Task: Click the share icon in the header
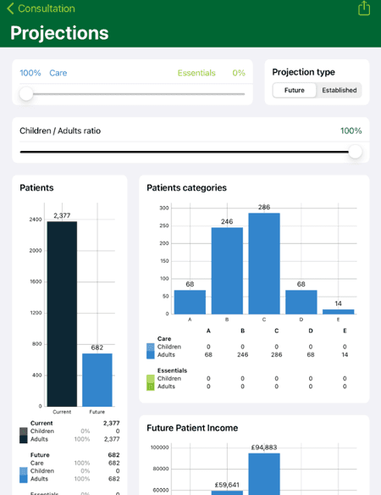pos(364,8)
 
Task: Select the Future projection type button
pos(295,90)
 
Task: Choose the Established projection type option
pos(339,90)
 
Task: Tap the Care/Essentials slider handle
pos(26,94)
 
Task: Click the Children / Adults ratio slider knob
pos(355,152)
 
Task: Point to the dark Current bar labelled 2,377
pos(62,314)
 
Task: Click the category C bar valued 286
pos(264,263)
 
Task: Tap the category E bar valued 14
pos(339,311)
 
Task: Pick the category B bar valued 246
pos(227,270)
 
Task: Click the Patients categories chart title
pos(186,188)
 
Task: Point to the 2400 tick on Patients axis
pos(35,220)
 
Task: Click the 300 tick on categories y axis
pos(163,208)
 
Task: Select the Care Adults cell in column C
pos(276,354)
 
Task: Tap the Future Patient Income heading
pos(192,428)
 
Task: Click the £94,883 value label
pos(264,448)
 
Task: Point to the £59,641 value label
pos(227,485)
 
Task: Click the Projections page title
pos(59,33)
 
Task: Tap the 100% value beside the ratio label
pos(351,131)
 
